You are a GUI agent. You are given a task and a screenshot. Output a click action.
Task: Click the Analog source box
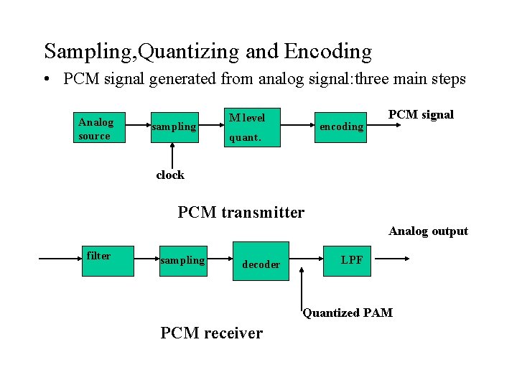tap(100, 128)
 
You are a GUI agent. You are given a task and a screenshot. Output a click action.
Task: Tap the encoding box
tap(341, 126)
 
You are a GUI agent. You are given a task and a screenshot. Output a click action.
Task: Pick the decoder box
tap(261, 260)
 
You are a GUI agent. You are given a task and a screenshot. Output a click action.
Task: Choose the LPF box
tap(351, 260)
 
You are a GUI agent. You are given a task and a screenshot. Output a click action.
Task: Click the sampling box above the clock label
tap(173, 126)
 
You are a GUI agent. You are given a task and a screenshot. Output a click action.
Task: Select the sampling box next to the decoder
tap(182, 260)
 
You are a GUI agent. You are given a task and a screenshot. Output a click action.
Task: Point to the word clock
tap(170, 175)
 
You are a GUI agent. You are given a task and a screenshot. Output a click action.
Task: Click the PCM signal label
tap(421, 115)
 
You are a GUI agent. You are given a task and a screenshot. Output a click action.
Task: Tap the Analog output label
tap(428, 231)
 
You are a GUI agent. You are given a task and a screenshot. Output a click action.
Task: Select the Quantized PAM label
tap(348, 313)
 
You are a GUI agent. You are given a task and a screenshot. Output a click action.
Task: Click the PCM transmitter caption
tap(241, 212)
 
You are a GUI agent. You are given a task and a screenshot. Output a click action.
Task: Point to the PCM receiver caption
tap(212, 333)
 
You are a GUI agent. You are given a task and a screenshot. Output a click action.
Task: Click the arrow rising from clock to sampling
tap(172, 154)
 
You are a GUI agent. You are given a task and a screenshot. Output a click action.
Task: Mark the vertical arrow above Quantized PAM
tap(302, 287)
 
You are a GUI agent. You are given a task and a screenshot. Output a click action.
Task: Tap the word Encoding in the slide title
tap(328, 51)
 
